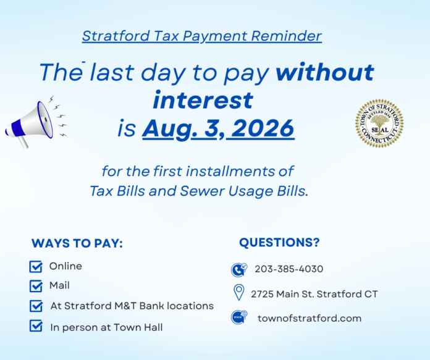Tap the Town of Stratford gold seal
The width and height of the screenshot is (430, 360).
coord(379,123)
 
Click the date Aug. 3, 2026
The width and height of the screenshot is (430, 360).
coord(218,128)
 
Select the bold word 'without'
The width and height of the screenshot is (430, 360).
coord(325,72)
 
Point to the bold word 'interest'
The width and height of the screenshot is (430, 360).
coord(203,100)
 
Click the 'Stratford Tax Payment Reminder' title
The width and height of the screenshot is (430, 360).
coord(202,36)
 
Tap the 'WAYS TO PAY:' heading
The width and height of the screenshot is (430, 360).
coord(77,243)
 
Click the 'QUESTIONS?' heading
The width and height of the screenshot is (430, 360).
coord(279,243)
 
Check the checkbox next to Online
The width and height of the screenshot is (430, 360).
coord(36,267)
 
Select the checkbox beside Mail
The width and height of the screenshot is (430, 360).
coord(36,286)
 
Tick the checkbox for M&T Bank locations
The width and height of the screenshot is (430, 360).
coord(36,306)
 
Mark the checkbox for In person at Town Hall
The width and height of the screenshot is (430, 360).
coord(36,326)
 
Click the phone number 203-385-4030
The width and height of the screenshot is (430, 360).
coord(289,269)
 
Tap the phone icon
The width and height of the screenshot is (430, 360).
coord(239,270)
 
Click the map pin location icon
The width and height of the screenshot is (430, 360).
coord(239,292)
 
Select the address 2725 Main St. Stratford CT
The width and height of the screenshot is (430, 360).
coord(314,294)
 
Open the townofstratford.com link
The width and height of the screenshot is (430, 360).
coord(310,319)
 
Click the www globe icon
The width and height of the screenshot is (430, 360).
coord(239,317)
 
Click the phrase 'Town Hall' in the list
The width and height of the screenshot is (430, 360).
coord(138,327)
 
